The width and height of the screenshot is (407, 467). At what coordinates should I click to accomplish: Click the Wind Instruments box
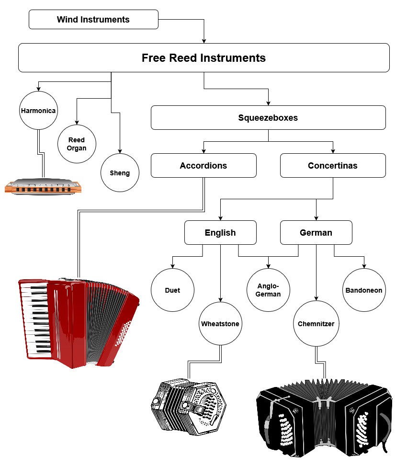coord(93,20)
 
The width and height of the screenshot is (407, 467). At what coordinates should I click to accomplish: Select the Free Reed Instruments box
coord(203,58)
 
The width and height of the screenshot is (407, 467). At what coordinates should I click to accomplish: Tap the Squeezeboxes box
coord(268,118)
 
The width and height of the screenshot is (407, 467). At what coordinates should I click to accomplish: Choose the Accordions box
coord(203,166)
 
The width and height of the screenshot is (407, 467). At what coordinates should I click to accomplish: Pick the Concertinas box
coord(333,166)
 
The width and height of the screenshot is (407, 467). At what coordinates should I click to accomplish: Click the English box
coord(220,233)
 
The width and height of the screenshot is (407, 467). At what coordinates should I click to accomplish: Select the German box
coord(316,233)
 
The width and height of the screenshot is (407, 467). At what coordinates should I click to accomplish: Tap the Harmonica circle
coord(38,111)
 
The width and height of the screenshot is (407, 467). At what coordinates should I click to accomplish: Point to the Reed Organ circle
coord(77,144)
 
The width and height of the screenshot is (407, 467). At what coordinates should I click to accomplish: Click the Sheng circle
coord(120,172)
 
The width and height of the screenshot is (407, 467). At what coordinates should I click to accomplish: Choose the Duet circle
coord(172,290)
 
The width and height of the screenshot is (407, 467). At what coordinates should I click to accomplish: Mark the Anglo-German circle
coord(268,290)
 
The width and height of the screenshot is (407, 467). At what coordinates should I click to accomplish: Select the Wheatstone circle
coord(220,324)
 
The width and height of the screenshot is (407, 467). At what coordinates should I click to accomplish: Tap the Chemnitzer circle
coord(316,324)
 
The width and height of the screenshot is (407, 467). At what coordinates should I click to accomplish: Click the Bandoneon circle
coord(364,290)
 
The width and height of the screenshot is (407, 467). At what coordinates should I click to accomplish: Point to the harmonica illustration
coord(43,187)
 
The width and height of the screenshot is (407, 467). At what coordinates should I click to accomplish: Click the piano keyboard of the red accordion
coord(36,321)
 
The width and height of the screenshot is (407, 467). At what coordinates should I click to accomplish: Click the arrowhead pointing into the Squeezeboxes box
coord(268,103)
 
